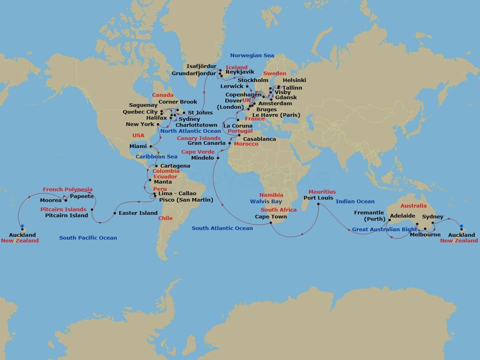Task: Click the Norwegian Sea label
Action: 252,56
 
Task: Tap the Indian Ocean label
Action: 355,202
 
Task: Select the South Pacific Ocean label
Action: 88,238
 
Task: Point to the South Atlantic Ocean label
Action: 222,228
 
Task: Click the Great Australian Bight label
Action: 384,230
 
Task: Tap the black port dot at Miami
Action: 151,146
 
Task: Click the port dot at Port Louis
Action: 318,204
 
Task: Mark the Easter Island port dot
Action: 115,213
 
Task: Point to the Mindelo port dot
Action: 218,158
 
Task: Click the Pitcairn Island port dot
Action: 92,209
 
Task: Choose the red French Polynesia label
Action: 68,190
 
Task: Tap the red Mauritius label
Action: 322,192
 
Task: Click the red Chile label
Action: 165,218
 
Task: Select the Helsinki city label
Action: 294,80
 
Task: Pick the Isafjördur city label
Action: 201,66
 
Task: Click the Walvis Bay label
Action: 266,202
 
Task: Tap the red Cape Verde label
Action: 198,152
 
